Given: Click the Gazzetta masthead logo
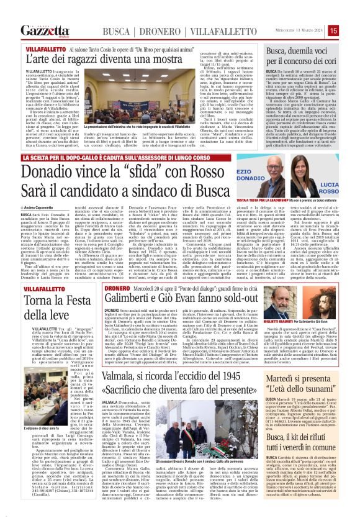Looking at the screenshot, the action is (45, 30).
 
